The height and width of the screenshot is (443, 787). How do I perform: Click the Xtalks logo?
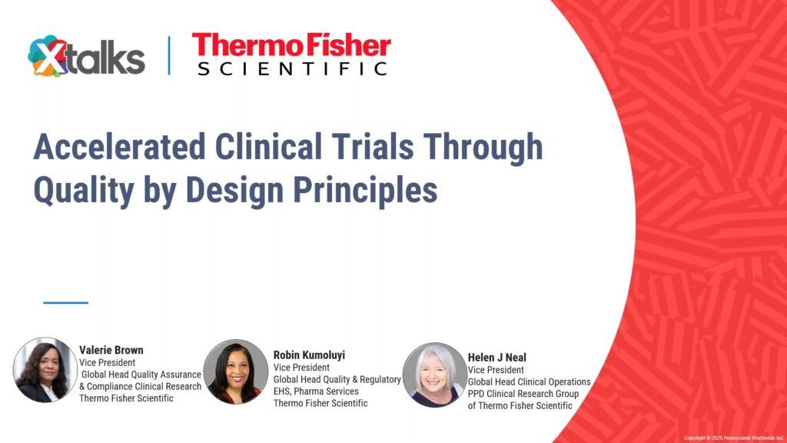(86, 57)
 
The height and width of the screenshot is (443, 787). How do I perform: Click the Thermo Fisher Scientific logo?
(291, 54)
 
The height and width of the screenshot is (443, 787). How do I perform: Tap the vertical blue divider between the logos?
(168, 56)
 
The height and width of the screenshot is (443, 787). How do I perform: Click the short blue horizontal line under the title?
(65, 302)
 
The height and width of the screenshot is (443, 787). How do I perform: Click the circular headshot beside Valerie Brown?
(45, 370)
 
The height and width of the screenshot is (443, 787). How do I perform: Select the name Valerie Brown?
(111, 351)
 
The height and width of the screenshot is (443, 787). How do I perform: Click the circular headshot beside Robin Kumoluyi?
(236, 371)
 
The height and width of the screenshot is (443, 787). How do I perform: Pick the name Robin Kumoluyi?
(310, 355)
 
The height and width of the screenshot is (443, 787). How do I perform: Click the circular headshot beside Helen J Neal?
(435, 375)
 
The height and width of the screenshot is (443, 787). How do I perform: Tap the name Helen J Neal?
(497, 358)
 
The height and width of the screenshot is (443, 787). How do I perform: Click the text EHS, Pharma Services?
(316, 391)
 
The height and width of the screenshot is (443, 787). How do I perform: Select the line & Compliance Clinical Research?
(141, 386)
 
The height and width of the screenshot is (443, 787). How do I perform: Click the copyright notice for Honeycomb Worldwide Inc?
(733, 438)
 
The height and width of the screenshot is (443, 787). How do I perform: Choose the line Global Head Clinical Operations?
(529, 382)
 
